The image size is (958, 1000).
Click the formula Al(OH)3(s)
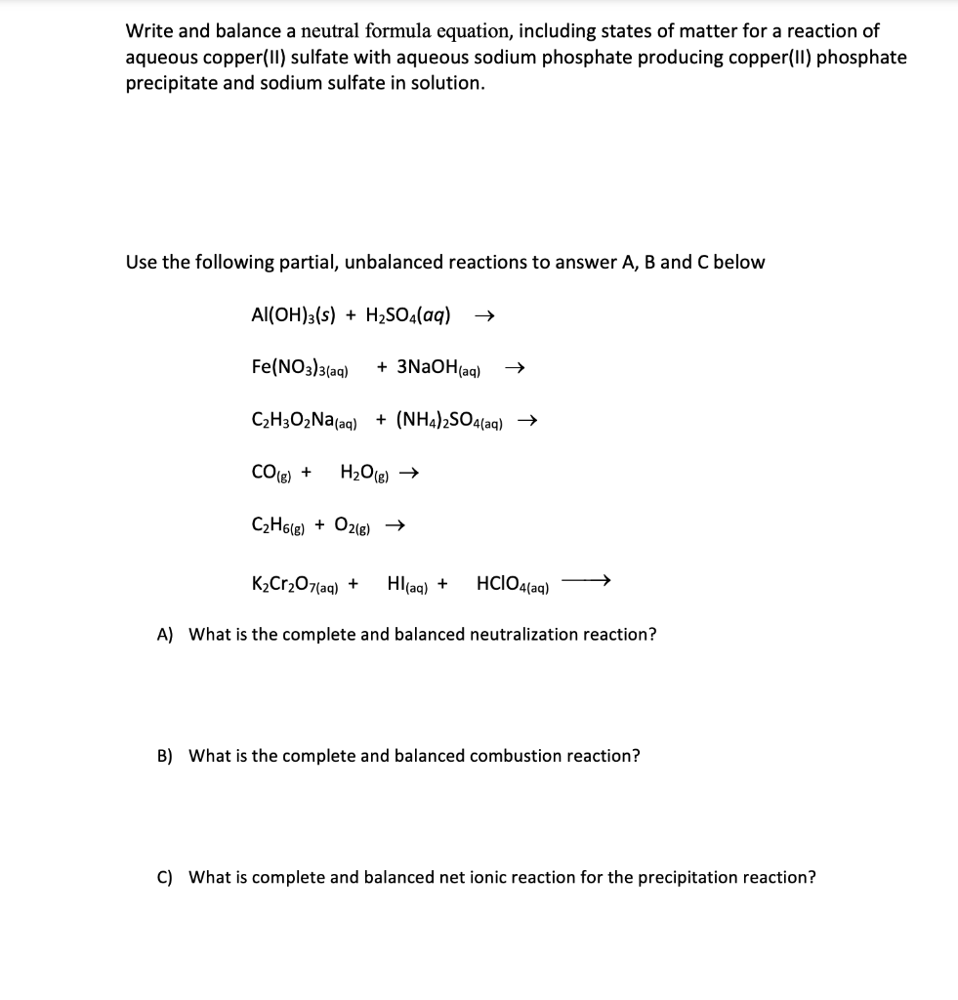tap(293, 315)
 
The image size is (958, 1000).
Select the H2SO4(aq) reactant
tap(408, 315)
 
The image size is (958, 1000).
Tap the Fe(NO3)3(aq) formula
tap(301, 368)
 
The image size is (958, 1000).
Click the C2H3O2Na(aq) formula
tap(304, 421)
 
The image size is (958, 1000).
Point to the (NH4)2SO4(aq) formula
tap(449, 421)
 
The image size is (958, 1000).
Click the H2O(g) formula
tap(364, 474)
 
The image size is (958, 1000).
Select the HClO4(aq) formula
tap(513, 585)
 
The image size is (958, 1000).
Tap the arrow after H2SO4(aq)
tap(484, 315)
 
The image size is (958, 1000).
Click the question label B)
tap(165, 756)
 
